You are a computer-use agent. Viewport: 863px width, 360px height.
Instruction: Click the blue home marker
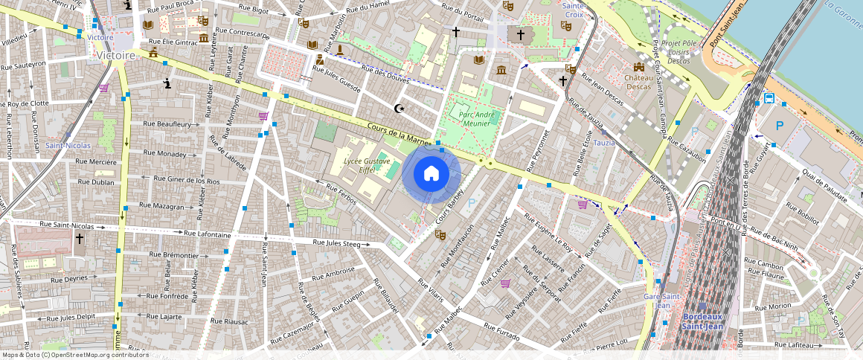point(431,174)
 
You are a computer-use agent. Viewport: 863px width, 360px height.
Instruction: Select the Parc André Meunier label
point(477,119)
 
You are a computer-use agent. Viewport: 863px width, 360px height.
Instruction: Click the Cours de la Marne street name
point(398,133)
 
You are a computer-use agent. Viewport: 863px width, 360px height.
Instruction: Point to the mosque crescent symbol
point(401,109)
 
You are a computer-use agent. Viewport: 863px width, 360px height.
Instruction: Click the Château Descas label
point(638,82)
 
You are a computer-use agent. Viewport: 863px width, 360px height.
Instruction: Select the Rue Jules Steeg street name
point(337,242)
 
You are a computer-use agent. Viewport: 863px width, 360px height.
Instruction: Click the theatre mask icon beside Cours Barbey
point(440,235)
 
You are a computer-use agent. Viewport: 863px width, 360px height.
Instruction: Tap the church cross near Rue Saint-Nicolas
point(79,239)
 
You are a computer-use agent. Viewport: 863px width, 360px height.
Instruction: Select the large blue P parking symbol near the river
point(780,126)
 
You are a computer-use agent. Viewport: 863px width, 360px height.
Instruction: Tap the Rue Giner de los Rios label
point(186,179)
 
